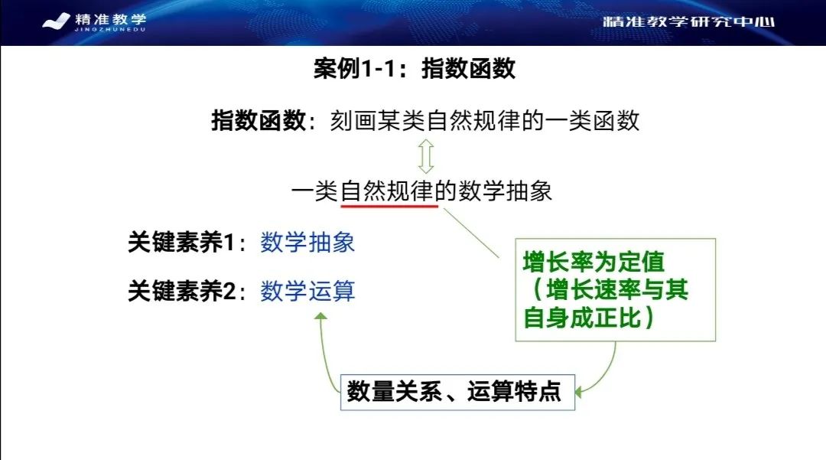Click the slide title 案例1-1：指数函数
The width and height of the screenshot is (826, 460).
(x=414, y=70)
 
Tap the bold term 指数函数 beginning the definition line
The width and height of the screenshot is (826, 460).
(x=258, y=122)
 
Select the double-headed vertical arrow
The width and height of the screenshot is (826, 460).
(x=426, y=155)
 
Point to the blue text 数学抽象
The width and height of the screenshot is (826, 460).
(x=307, y=243)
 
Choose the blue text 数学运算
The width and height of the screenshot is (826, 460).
(x=307, y=292)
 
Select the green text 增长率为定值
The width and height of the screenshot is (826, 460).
(x=593, y=263)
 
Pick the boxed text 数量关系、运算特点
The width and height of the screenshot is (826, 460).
(x=454, y=392)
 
